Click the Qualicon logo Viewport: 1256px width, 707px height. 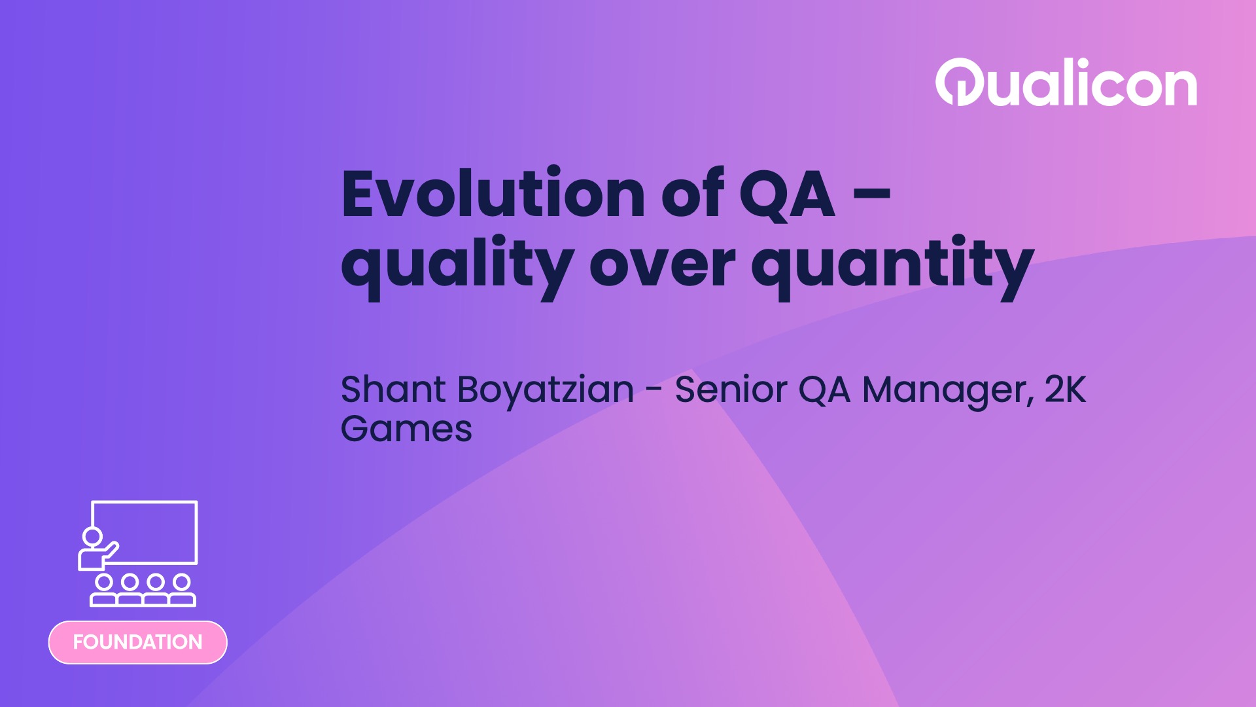1066,83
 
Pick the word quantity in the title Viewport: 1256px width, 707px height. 892,266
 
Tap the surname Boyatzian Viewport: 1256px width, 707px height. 546,391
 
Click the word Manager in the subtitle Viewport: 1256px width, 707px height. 947,391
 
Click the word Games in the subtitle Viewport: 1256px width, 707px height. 406,429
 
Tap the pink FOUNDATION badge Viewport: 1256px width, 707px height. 137,642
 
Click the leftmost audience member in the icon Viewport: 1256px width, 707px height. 103,590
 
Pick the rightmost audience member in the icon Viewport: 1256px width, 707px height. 182,590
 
